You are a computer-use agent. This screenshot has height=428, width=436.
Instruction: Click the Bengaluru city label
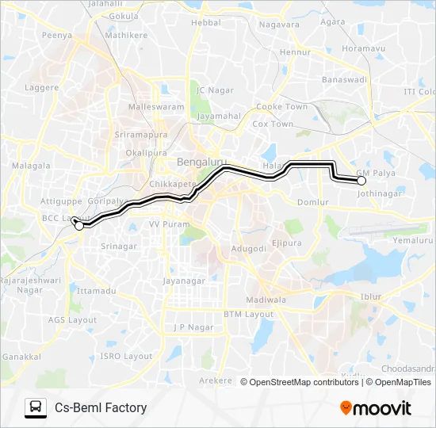pyautogui.click(x=197, y=162)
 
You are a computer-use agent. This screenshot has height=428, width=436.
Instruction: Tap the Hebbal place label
pyautogui.click(x=206, y=23)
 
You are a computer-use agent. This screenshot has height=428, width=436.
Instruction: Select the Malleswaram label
pyautogui.click(x=155, y=105)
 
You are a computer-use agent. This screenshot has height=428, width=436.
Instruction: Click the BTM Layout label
pyautogui.click(x=248, y=314)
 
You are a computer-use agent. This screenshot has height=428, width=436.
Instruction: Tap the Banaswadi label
pyautogui.click(x=342, y=79)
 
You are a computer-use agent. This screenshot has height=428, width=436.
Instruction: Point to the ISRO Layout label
pyautogui.click(x=126, y=356)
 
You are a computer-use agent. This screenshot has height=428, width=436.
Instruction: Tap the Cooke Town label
pyautogui.click(x=281, y=106)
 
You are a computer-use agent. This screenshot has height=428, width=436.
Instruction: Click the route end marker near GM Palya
pyautogui.click(x=361, y=181)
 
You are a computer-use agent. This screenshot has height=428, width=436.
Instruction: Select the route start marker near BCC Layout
pyautogui.click(x=79, y=226)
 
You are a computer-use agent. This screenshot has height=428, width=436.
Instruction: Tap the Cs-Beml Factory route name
pyautogui.click(x=101, y=407)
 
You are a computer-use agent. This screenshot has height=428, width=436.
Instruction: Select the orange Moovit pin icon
pyautogui.click(x=346, y=408)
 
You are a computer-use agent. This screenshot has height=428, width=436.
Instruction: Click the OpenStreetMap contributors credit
pyautogui.click(x=304, y=382)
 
